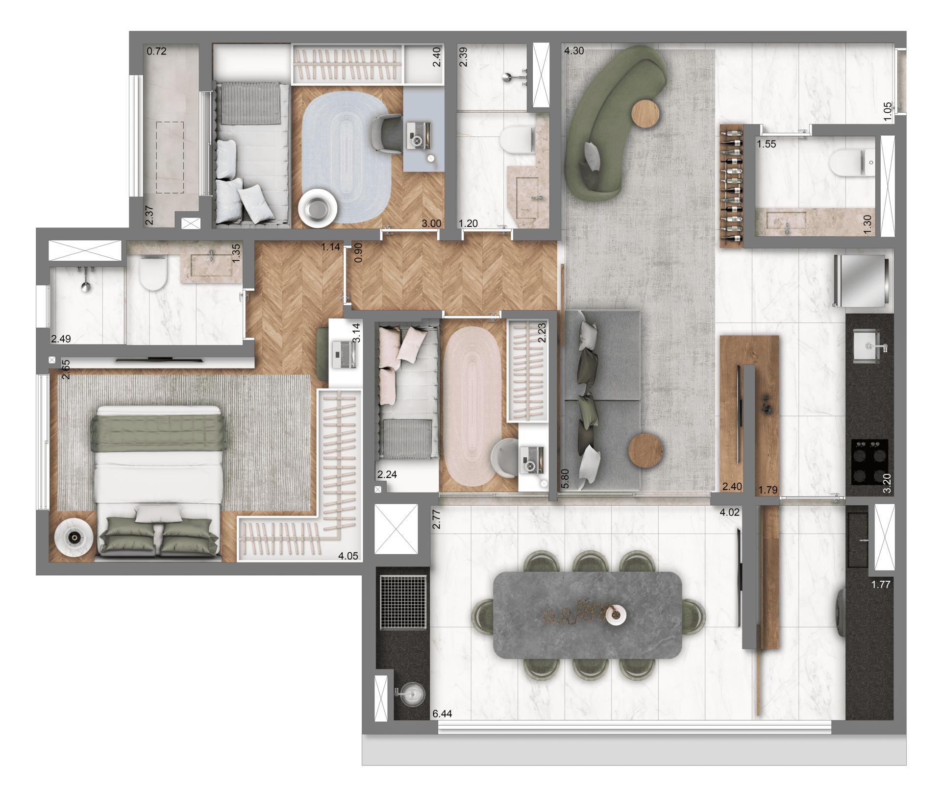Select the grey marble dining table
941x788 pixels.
(x=587, y=615)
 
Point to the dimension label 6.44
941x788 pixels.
(x=442, y=714)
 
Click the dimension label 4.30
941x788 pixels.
(x=574, y=50)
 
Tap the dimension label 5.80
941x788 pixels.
(x=566, y=478)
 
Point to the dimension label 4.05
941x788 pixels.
(x=348, y=556)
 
